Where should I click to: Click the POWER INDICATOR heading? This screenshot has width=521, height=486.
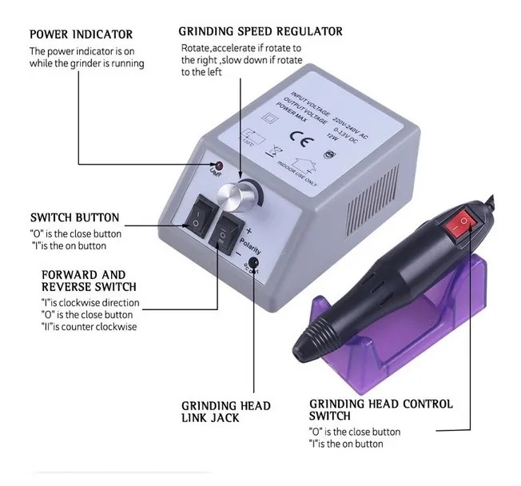click(x=81, y=35)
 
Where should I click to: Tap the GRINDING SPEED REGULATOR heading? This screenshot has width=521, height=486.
click(x=260, y=32)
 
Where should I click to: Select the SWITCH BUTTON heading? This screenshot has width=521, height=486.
click(x=74, y=217)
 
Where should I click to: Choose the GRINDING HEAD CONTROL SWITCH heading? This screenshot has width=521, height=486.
click(x=380, y=410)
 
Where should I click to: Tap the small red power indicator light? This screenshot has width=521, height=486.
click(x=213, y=165)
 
